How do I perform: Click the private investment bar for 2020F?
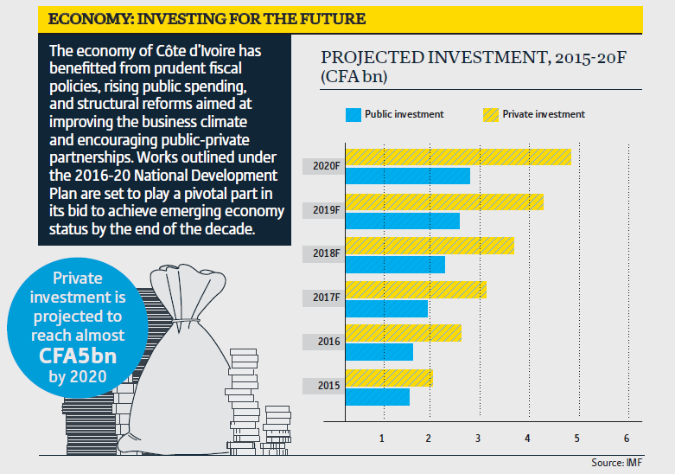(458, 157)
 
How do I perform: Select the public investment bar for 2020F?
(407, 176)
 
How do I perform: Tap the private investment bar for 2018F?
(430, 246)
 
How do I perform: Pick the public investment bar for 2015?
(377, 396)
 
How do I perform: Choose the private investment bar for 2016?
(403, 333)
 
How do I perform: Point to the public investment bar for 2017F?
(386, 309)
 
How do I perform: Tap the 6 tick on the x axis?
(626, 438)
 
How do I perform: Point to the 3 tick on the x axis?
(479, 438)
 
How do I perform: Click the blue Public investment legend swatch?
(353, 114)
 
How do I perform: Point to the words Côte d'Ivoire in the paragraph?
(189, 50)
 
